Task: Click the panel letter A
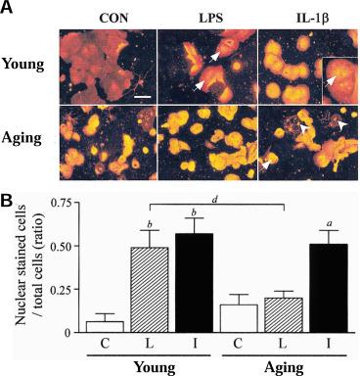pyautogui.click(x=7, y=7)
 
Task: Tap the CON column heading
pyautogui.click(x=113, y=19)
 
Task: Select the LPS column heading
pyautogui.click(x=211, y=19)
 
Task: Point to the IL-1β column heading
pyautogui.click(x=309, y=19)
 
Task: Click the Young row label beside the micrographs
pyautogui.click(x=22, y=65)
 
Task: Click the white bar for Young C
pyautogui.click(x=105, y=327)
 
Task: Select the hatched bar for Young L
pyautogui.click(x=150, y=290)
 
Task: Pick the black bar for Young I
pyautogui.click(x=195, y=283)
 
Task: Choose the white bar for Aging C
pyautogui.click(x=239, y=318)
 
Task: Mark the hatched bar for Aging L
pyautogui.click(x=284, y=315)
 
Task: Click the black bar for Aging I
pyautogui.click(x=329, y=288)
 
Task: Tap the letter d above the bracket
pyautogui.click(x=214, y=199)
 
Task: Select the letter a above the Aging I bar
pyautogui.click(x=329, y=224)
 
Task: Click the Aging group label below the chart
pyautogui.click(x=284, y=367)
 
